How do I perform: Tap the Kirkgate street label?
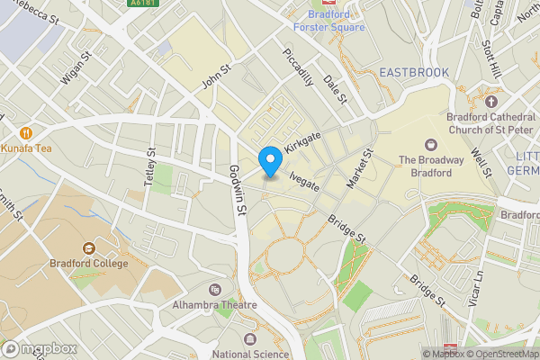click(x=302, y=139)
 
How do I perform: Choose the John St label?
click(x=217, y=76)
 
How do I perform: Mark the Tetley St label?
click(x=149, y=167)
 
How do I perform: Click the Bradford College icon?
click(x=88, y=248)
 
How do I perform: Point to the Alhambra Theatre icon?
click(x=214, y=289)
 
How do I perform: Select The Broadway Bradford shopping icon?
click(x=429, y=144)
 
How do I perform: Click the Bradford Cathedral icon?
click(x=490, y=102)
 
